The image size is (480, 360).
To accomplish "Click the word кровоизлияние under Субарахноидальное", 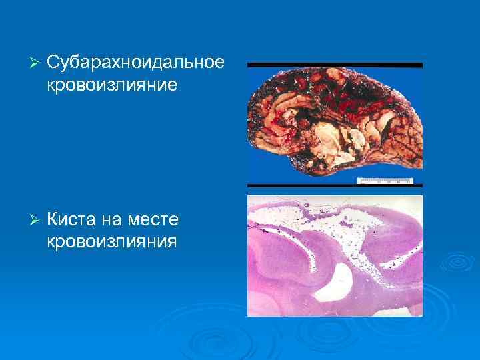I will [112, 85].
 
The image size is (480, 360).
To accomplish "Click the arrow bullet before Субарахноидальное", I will [35, 63].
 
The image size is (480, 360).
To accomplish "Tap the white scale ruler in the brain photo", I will [385, 180].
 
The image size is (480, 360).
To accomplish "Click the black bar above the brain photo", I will [335, 65].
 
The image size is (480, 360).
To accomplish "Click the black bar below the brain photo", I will [335, 185].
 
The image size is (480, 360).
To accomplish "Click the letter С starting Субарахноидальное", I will [53, 63].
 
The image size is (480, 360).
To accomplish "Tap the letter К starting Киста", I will [53, 219].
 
